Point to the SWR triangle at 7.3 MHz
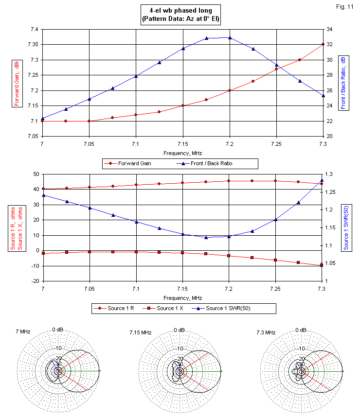(322, 181)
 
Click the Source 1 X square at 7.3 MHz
(322, 265)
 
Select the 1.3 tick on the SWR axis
(330, 174)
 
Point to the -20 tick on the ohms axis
(34, 281)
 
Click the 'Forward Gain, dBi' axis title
(16, 82)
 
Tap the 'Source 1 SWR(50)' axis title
(345, 227)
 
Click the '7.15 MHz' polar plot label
(141, 332)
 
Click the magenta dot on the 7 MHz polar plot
(99, 371)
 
